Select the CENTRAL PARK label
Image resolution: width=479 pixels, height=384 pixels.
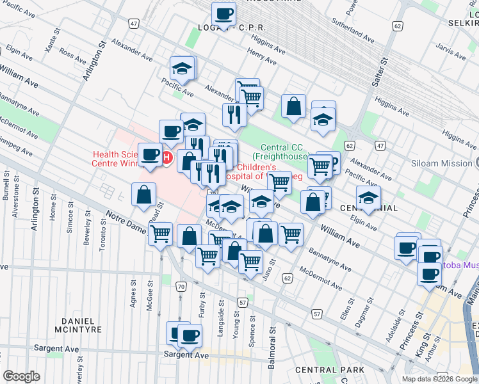tap(329, 370)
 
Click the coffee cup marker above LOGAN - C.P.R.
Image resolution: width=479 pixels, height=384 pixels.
tap(223, 14)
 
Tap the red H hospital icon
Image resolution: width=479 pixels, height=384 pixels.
tap(167, 157)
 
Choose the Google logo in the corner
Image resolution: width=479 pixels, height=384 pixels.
tap(22, 376)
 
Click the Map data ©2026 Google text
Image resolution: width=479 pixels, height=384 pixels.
tap(439, 379)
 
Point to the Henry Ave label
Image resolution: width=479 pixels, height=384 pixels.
tap(261, 58)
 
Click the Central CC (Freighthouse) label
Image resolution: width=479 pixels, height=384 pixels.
tap(280, 151)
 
